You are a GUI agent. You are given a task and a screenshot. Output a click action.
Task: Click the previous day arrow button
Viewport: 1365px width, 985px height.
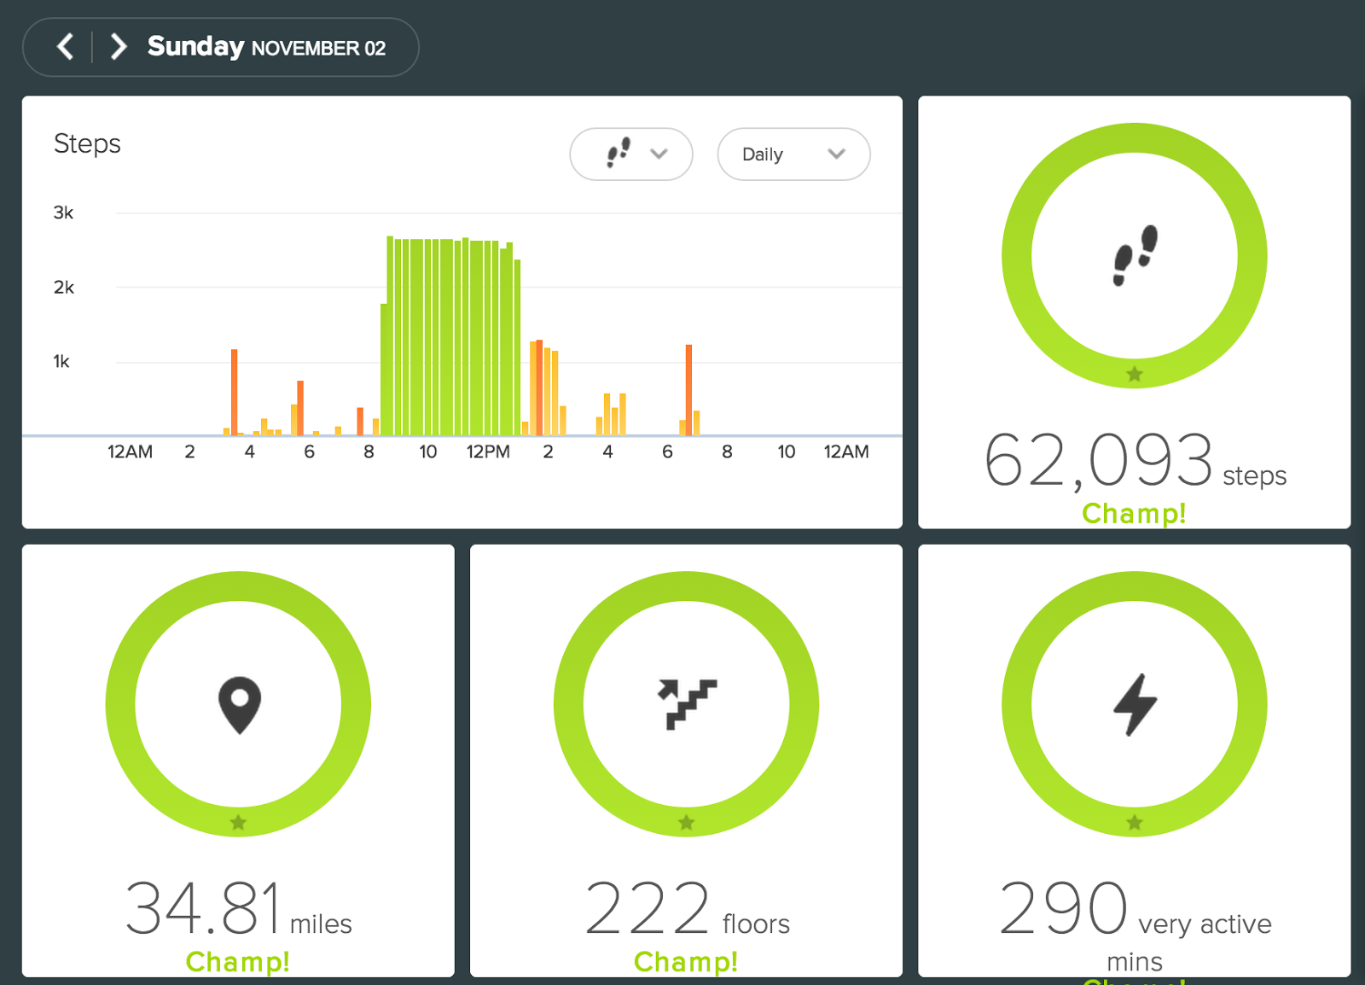[65, 47]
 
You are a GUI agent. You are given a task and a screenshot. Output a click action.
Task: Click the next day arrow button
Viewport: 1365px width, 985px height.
[119, 47]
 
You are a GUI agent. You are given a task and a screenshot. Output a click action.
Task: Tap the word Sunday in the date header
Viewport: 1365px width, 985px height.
[195, 47]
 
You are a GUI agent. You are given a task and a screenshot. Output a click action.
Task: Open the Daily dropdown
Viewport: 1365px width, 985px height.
[793, 154]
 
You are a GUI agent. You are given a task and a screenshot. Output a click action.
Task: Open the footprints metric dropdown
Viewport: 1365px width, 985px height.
[630, 154]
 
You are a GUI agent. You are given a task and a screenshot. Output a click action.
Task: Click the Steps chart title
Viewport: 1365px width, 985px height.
[87, 144]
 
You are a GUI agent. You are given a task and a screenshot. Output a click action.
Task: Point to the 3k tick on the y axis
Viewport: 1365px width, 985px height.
[63, 213]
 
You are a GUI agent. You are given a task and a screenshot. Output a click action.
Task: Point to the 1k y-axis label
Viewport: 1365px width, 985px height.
[61, 361]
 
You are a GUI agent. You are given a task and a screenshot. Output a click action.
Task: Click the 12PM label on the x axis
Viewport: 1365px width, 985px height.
[488, 452]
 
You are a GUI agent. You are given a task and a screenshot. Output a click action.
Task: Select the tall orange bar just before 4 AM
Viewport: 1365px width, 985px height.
[234, 392]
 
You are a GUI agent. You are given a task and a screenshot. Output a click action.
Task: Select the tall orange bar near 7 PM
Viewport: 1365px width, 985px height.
[688, 390]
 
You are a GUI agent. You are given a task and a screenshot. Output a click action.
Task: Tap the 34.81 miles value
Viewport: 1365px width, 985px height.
[204, 908]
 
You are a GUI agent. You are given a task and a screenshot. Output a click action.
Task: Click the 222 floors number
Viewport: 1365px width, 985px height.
[648, 908]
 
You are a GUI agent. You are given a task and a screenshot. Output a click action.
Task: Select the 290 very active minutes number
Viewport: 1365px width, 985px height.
[1063, 908]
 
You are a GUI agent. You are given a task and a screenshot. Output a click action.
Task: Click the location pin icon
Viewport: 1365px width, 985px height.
[240, 705]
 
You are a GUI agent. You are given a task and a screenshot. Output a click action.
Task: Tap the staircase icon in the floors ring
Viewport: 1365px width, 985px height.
[688, 704]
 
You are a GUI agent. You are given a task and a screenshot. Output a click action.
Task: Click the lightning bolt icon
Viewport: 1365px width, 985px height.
[1135, 705]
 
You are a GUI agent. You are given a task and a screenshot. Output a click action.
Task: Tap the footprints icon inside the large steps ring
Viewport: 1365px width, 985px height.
[1136, 255]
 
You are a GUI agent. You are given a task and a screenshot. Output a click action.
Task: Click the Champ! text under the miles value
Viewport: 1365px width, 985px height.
[238, 962]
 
